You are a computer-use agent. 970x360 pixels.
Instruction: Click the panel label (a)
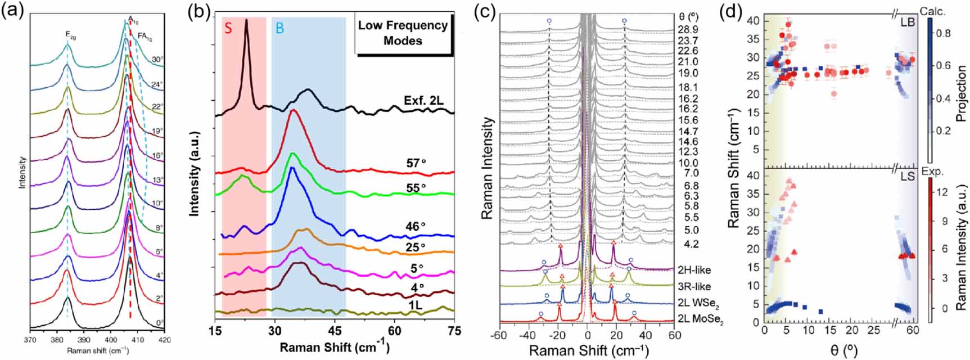[13, 10]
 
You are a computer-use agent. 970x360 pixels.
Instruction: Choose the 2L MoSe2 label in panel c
[701, 321]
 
